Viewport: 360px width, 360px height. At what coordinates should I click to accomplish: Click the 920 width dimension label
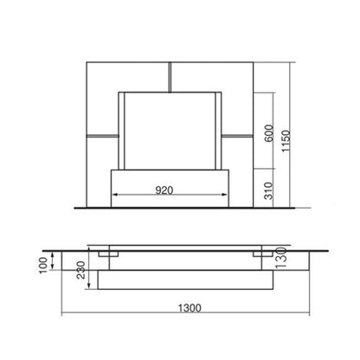coord(164,190)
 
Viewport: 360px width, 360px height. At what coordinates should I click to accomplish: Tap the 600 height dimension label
coord(268,133)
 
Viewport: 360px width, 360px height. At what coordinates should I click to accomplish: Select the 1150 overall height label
coord(286,141)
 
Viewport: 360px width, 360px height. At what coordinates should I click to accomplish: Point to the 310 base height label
coord(268,190)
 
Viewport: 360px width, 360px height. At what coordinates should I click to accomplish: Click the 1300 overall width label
coord(190,308)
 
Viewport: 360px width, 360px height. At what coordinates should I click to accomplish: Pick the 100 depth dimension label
coord(43,266)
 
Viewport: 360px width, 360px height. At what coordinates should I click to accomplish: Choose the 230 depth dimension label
coord(81,270)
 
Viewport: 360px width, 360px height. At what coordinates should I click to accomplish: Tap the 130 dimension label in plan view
coord(281,258)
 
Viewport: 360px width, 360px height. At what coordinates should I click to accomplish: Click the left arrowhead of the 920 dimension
coord(115,195)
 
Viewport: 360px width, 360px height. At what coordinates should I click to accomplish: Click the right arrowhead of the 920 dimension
coord(225,195)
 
